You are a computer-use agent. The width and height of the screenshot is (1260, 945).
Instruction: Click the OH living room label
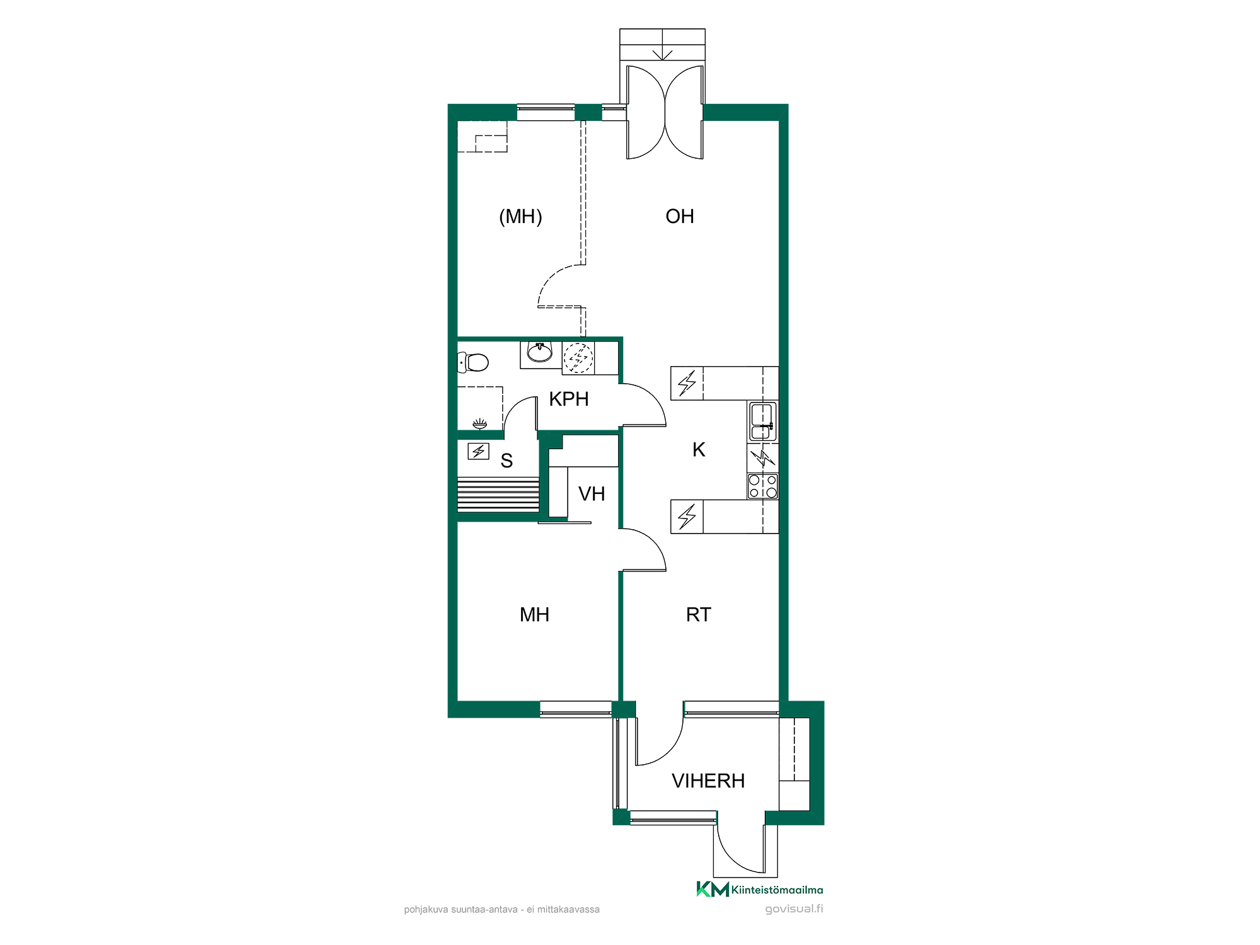pos(680,217)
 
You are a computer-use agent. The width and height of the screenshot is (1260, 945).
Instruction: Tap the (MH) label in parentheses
pos(520,217)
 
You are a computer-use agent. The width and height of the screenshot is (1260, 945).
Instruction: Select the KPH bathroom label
pos(569,399)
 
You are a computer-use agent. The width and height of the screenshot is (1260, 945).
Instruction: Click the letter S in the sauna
pos(507,461)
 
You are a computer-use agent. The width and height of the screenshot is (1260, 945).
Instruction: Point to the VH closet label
pos(592,494)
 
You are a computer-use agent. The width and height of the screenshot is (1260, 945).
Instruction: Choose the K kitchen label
pos(699,450)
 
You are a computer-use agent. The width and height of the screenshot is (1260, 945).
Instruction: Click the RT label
pos(699,615)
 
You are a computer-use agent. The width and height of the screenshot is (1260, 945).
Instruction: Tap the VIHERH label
pos(708,781)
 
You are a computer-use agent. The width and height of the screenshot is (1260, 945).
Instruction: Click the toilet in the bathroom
pos(473,362)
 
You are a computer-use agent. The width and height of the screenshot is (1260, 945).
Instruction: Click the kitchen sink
pos(762,421)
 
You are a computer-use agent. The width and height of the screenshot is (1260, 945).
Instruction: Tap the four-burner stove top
pos(763,486)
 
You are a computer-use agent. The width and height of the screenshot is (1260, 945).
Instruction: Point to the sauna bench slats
pos(498,495)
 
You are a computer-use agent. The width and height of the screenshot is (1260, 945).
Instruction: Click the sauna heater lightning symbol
pos(479,451)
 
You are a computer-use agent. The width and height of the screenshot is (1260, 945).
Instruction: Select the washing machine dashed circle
pos(578,358)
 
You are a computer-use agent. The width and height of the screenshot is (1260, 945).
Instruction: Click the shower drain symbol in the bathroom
pos(480,423)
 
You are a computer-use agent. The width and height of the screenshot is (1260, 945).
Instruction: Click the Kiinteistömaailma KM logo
pos(759,889)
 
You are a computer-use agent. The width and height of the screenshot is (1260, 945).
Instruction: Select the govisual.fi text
pos(794,909)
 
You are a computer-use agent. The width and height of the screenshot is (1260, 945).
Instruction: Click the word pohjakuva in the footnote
pos(426,910)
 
